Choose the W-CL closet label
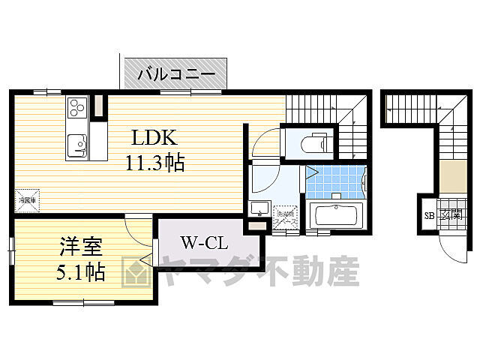click(x=200, y=243)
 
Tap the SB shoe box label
click(x=430, y=216)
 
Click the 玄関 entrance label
click(x=449, y=215)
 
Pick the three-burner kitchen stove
click(x=77, y=110)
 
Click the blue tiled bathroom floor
click(x=335, y=178)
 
